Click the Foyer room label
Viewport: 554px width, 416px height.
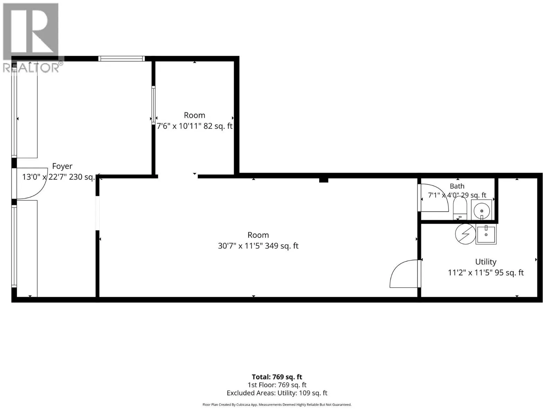[62, 166]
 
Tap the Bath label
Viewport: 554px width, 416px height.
[457, 186]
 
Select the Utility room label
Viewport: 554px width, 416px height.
[485, 262]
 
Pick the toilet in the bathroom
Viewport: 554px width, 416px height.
[460, 208]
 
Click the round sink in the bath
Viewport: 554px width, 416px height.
[482, 210]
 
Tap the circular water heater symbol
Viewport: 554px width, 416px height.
[465, 234]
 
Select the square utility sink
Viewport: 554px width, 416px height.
[486, 234]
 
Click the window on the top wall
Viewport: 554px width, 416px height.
[122, 59]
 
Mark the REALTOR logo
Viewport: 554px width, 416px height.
[31, 38]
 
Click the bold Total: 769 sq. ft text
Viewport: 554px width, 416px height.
[277, 377]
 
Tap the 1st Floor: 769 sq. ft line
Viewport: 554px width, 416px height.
[277, 385]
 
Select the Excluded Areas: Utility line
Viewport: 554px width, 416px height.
[277, 393]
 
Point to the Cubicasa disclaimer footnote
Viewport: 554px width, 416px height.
[277, 405]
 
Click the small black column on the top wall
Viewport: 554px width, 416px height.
[323, 180]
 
